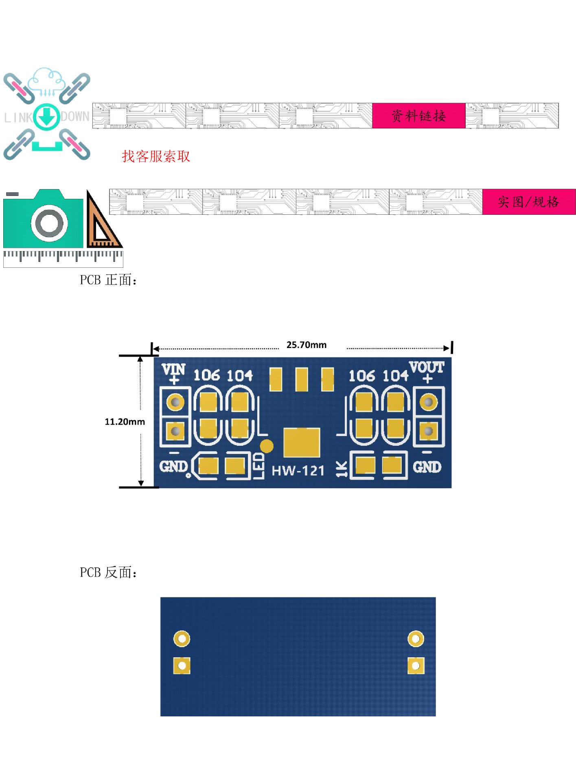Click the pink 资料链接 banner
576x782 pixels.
point(418,116)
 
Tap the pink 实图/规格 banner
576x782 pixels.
point(528,202)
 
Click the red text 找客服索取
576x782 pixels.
point(156,156)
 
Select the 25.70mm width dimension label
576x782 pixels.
point(306,345)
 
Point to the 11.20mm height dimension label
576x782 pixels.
point(125,422)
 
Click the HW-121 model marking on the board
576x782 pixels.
point(298,471)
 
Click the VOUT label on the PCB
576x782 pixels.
point(427,367)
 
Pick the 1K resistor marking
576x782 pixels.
point(342,469)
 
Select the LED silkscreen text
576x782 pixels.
point(259,466)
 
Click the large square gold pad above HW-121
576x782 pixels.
point(302,442)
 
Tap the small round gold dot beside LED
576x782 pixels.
point(267,446)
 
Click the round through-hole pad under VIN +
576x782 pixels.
point(175,402)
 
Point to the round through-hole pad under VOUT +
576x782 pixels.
point(428,402)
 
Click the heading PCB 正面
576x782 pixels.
point(108,280)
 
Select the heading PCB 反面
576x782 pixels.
point(108,573)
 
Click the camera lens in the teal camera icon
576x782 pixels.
point(50,224)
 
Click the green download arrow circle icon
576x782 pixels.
point(47,117)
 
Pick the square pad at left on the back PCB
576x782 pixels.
point(182,666)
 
